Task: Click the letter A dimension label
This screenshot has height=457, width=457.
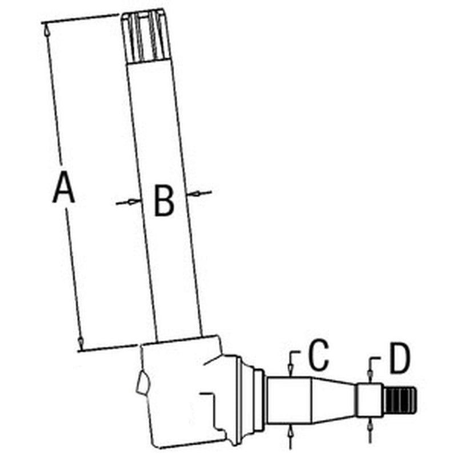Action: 63,190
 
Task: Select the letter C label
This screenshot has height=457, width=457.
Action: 315,354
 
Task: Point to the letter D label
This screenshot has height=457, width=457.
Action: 396,358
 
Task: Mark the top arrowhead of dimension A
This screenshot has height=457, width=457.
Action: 47,31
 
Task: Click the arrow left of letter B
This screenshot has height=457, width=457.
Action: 131,201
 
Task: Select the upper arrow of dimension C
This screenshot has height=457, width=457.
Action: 291,370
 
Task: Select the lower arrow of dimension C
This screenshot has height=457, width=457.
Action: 291,430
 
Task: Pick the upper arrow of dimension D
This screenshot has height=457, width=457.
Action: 370,374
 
